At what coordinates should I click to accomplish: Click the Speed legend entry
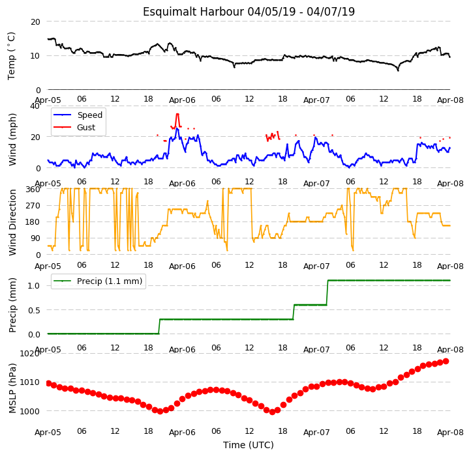click(x=78, y=115)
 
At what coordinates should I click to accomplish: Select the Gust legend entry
click(x=74, y=128)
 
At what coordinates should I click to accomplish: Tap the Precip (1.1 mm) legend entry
click(x=98, y=281)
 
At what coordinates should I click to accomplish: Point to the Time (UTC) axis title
click(x=249, y=445)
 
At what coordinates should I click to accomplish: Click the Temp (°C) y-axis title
click(x=11, y=56)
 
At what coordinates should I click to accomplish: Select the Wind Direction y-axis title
click(x=12, y=222)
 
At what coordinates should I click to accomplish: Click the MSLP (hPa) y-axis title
click(x=12, y=388)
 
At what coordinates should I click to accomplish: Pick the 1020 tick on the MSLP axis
click(x=30, y=353)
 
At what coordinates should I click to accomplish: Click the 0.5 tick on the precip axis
click(x=34, y=310)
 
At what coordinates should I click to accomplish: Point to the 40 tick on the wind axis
click(x=35, y=106)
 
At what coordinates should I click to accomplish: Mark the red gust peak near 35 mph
click(x=177, y=114)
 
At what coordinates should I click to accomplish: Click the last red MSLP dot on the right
click(x=446, y=361)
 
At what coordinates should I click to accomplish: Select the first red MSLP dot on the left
click(x=49, y=383)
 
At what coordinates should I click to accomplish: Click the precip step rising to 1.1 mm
click(x=327, y=292)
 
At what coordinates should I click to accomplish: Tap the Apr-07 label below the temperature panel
click(x=316, y=100)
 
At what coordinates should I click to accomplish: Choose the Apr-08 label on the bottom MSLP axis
click(x=450, y=433)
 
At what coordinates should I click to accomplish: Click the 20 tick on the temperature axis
click(x=35, y=22)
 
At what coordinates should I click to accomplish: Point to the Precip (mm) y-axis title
click(x=12, y=305)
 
